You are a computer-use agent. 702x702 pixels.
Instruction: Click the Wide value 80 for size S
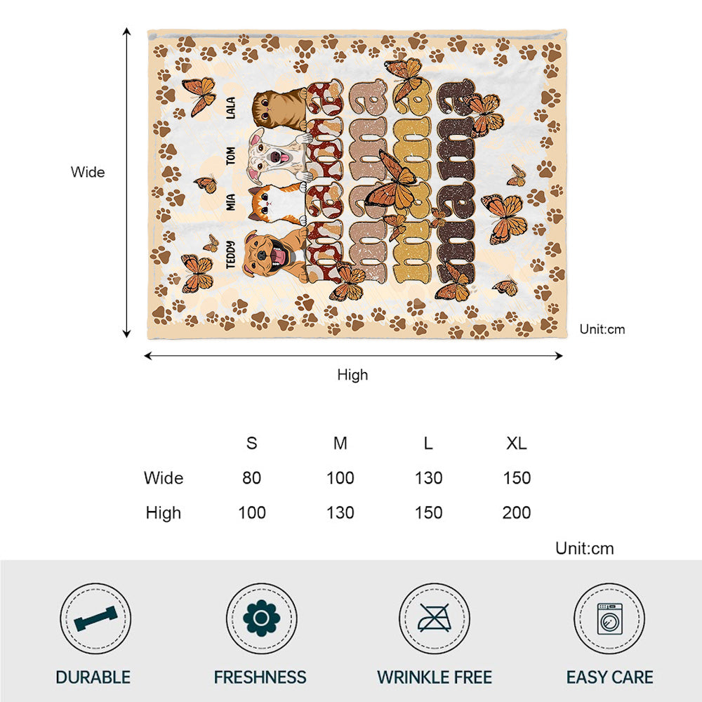[251, 478]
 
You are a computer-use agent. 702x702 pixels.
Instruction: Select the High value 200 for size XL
[517, 512]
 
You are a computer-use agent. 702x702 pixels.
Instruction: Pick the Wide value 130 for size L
[428, 478]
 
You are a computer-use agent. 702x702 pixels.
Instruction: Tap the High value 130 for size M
[340, 512]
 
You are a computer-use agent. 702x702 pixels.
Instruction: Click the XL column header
[517, 444]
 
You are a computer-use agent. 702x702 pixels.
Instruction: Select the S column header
[251, 444]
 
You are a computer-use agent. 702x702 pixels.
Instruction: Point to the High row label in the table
[163, 512]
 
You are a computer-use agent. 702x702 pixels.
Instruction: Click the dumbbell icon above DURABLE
[95, 618]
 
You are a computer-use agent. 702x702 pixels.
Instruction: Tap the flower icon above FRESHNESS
[261, 618]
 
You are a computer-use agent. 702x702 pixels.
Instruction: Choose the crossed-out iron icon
[435, 618]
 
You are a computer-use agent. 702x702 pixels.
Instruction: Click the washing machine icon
[609, 618]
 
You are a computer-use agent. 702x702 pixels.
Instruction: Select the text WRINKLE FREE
[435, 677]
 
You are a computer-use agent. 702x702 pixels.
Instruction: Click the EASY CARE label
[609, 677]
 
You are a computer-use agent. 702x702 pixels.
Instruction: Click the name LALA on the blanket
[231, 108]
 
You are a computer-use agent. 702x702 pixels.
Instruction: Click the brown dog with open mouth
[274, 253]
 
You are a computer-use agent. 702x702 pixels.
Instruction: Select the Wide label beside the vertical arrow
[88, 172]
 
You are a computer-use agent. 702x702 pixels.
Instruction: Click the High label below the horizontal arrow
[352, 375]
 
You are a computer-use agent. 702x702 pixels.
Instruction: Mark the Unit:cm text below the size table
[584, 548]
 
